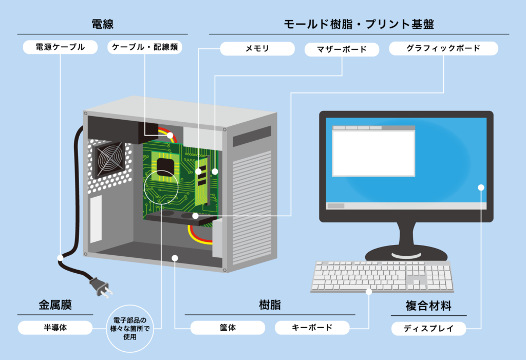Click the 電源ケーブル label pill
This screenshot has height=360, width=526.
(x=61, y=48)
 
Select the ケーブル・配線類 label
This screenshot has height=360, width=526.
(x=145, y=48)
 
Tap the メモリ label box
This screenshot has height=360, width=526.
(x=257, y=49)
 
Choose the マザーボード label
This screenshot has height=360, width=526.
(x=342, y=50)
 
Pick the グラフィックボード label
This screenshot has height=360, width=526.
(x=443, y=49)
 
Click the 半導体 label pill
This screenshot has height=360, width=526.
(x=55, y=328)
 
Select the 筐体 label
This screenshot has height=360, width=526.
(x=228, y=328)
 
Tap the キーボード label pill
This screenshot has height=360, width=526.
(x=312, y=328)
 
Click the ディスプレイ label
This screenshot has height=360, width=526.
(x=428, y=329)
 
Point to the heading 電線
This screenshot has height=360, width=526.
(x=102, y=24)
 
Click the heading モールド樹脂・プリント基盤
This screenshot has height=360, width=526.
(x=359, y=24)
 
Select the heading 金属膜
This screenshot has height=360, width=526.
(x=55, y=305)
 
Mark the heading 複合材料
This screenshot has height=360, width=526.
(x=428, y=307)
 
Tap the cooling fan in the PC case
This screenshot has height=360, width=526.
(x=108, y=159)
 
